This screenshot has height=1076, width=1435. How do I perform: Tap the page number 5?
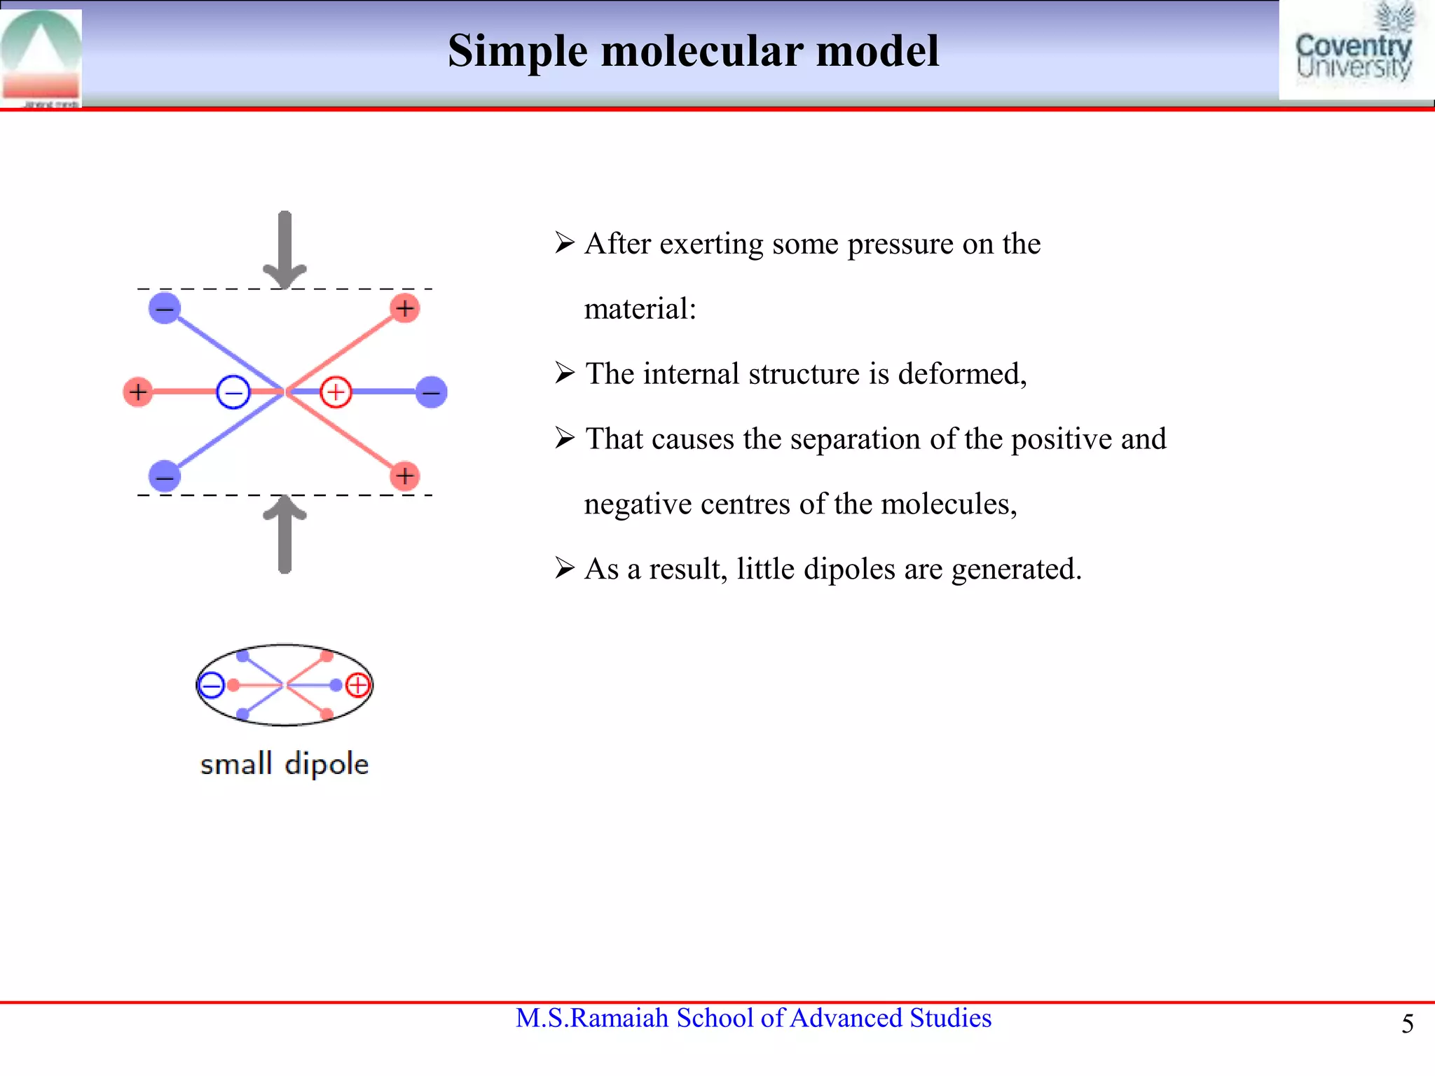[x=1407, y=1024]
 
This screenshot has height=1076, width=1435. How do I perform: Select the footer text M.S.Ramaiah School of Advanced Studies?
[x=753, y=1018]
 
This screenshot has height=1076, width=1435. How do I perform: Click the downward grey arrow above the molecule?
[x=284, y=249]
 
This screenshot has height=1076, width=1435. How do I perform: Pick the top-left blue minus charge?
[x=165, y=308]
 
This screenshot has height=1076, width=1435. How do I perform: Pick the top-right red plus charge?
[x=405, y=308]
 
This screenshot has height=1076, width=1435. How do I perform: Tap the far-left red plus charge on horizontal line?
[x=138, y=392]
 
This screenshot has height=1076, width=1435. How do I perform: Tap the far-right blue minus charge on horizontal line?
[x=431, y=392]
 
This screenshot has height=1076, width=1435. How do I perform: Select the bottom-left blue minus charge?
[x=165, y=477]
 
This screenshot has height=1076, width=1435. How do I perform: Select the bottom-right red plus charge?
[x=405, y=476]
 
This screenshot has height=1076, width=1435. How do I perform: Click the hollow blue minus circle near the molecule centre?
[x=233, y=392]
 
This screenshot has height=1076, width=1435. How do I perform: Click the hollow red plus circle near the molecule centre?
[x=336, y=392]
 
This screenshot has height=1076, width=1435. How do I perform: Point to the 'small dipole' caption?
[x=284, y=764]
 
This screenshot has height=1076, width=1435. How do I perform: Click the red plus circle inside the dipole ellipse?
[x=357, y=684]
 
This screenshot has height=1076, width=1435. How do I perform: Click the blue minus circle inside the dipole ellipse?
[x=211, y=685]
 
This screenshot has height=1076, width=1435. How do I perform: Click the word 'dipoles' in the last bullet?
[x=849, y=569]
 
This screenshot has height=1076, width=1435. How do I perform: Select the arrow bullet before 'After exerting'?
[x=565, y=243]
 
